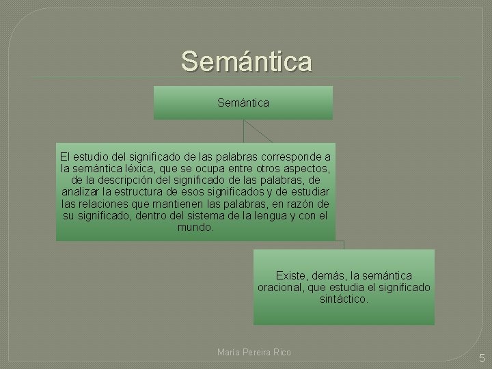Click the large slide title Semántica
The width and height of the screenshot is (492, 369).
[247, 61]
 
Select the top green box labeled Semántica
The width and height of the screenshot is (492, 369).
[243, 102]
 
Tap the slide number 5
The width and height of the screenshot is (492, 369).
[481, 357]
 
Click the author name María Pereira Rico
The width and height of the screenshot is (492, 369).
[254, 352]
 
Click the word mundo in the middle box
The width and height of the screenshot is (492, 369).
[195, 227]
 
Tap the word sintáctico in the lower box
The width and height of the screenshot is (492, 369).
[344, 299]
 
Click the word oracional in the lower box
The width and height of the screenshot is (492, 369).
[279, 287]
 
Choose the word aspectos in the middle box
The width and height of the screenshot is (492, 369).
[305, 167]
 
